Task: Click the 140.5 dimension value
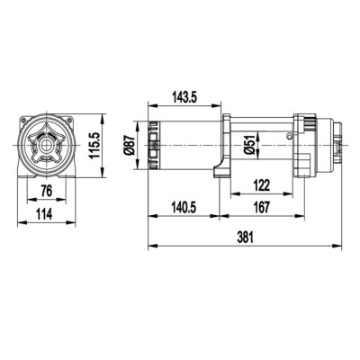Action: tap(184, 206)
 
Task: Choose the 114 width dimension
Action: tap(43, 216)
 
